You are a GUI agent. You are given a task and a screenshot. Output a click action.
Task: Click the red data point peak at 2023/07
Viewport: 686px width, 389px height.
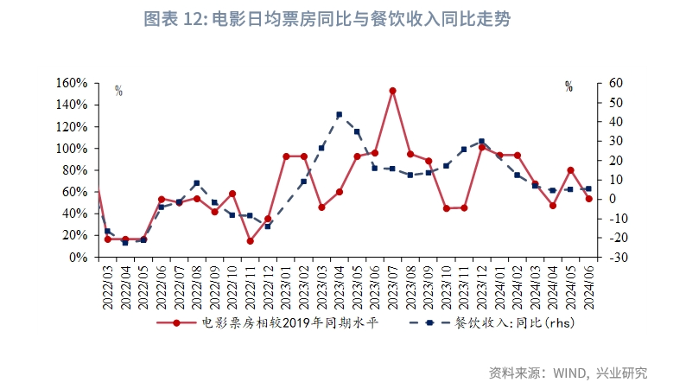click(x=392, y=91)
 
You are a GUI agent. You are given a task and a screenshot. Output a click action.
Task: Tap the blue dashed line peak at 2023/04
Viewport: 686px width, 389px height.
click(x=339, y=114)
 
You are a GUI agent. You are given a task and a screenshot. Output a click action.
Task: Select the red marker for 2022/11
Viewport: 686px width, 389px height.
click(x=250, y=241)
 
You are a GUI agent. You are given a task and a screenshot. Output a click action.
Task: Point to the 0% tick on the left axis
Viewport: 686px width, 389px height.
click(x=78, y=257)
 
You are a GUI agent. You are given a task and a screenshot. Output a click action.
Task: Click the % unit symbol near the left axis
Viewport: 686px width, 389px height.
click(x=118, y=90)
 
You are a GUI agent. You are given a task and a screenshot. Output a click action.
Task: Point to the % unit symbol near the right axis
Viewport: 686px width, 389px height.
click(x=568, y=86)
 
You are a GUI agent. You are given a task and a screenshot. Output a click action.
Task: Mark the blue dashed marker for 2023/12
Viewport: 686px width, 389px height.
click(x=482, y=141)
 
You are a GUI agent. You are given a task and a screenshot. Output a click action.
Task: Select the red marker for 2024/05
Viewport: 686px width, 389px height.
click(x=570, y=170)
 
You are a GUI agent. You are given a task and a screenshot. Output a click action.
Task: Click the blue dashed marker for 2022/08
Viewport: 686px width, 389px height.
click(x=196, y=183)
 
